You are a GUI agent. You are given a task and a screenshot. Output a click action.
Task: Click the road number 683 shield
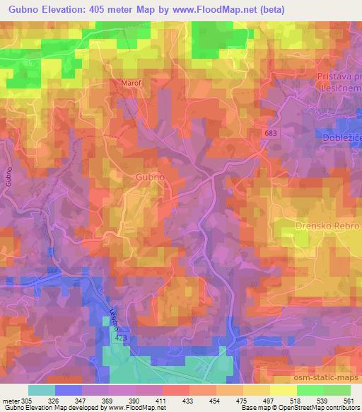(272, 133)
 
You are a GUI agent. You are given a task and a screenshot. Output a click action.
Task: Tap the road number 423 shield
(120, 340)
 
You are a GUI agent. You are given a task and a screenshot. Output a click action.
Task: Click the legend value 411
(161, 399)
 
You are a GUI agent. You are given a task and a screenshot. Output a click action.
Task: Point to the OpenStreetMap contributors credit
(326, 408)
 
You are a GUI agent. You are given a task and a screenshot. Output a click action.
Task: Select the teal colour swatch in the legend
(42, 389)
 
